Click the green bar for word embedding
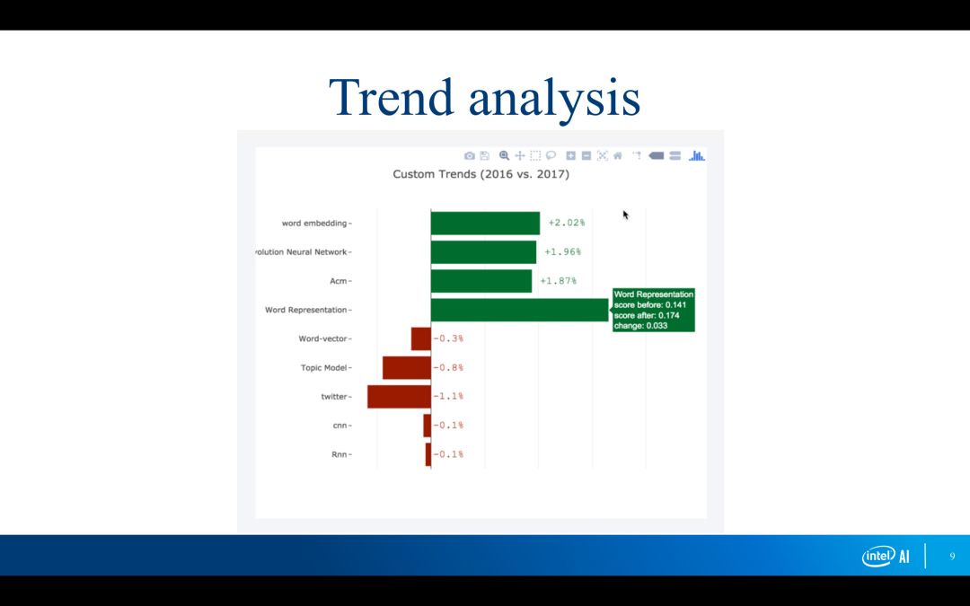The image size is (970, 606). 485,224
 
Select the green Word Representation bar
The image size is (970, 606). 520,310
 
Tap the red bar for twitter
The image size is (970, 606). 399,397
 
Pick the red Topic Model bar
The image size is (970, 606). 407,367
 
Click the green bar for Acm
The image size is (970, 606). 481,281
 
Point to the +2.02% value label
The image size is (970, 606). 567,223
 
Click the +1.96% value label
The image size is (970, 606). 562,251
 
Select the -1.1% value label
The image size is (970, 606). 448,397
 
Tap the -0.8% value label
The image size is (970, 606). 448,367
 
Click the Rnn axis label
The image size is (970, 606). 339,454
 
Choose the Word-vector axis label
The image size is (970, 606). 323,338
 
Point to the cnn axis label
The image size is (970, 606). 339,426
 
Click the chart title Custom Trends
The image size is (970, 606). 481,174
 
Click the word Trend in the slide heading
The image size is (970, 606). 392,97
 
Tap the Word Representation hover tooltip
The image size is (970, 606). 653,310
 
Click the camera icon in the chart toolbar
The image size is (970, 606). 470,156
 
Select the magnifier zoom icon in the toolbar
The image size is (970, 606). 504,156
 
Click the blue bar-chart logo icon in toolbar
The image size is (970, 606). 697,156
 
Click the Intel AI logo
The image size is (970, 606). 886,556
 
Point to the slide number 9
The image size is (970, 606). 952,557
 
